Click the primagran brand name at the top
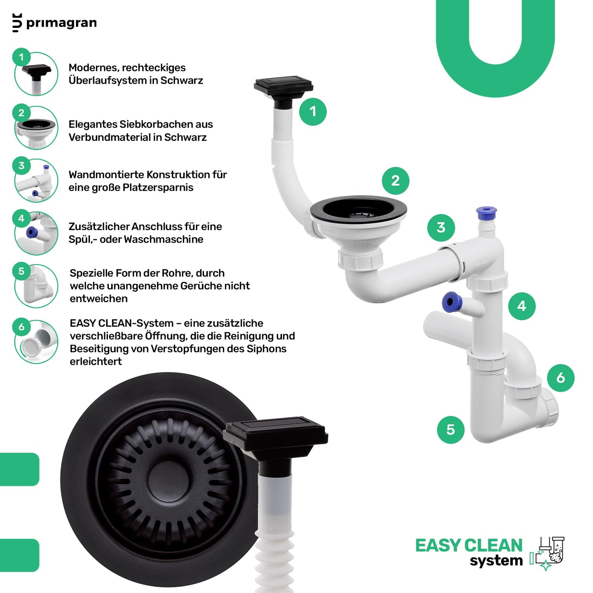[62, 23]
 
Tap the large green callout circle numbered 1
[313, 112]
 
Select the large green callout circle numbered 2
[396, 181]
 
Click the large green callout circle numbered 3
[441, 228]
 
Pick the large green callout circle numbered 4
[522, 306]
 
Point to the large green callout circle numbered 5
[451, 430]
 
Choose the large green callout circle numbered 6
[561, 378]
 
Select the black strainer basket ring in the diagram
[358, 210]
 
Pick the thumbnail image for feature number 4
[36, 233]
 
